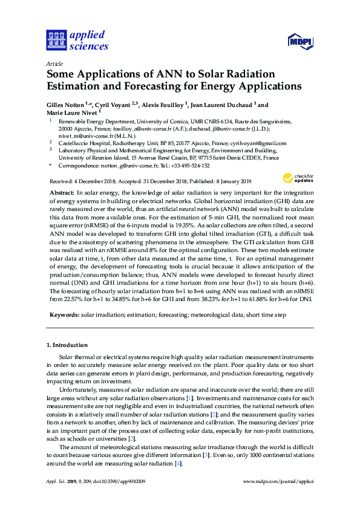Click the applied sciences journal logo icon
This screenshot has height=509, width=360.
[x=56, y=41]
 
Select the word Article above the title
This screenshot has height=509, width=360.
[x=54, y=63]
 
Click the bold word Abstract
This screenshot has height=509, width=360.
[x=62, y=192]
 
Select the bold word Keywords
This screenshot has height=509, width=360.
[x=64, y=315]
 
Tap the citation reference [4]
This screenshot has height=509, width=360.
[x=178, y=464]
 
